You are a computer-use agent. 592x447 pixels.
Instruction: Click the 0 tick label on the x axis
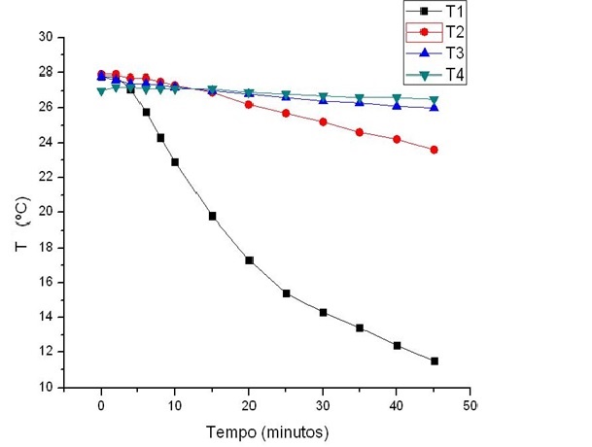[x=101, y=404]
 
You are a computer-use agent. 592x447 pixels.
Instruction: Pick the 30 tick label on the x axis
[x=323, y=404]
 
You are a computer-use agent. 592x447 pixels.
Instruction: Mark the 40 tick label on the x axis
[x=397, y=404]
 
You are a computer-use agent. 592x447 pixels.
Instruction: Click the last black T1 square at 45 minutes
[x=434, y=361]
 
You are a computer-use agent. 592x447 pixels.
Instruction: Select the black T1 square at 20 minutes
[x=249, y=260]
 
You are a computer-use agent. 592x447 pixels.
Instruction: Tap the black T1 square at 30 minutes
[x=323, y=313]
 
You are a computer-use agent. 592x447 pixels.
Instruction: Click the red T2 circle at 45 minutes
[x=434, y=150]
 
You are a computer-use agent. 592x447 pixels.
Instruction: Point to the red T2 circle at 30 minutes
[x=323, y=122]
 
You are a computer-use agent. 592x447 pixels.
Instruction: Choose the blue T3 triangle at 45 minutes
[x=434, y=107]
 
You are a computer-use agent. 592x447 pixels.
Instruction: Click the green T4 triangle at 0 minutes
[x=101, y=91]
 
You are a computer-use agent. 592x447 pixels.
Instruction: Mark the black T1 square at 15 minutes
[x=212, y=216]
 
